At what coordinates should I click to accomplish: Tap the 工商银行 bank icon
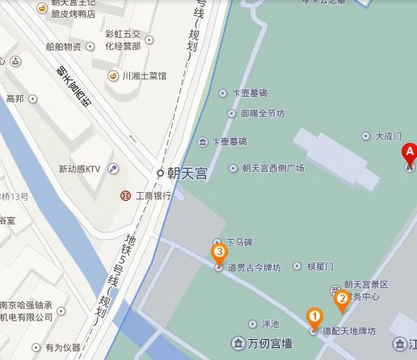125,195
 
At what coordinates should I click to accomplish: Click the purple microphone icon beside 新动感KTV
113,169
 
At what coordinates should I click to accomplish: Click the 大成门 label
388,136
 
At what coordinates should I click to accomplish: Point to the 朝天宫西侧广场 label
272,168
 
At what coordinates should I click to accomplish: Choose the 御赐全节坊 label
262,114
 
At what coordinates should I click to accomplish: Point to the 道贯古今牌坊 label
254,267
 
